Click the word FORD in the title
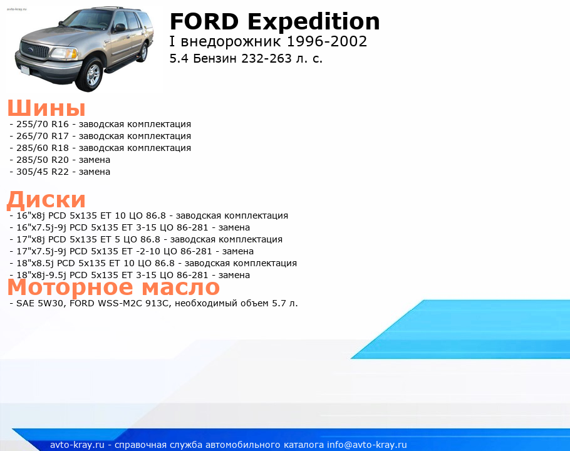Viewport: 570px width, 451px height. (x=204, y=21)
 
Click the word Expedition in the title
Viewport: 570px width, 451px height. (x=314, y=22)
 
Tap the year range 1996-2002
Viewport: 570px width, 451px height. (x=327, y=41)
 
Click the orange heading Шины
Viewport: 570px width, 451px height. (x=46, y=108)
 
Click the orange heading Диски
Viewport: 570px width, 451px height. (x=46, y=200)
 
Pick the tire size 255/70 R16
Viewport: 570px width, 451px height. (x=43, y=124)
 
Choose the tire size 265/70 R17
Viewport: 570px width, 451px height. (x=43, y=137)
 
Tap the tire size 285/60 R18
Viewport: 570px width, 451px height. (x=43, y=148)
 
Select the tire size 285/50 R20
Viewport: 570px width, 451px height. (x=43, y=160)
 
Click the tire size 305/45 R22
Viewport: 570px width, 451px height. (x=43, y=172)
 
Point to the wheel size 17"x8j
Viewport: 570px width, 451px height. (x=31, y=240)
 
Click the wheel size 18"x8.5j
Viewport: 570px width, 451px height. (x=35, y=264)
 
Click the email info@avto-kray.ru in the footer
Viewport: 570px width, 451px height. (x=367, y=445)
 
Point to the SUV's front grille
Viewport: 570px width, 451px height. (x=35, y=49)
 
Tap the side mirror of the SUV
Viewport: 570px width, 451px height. (x=119, y=28)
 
